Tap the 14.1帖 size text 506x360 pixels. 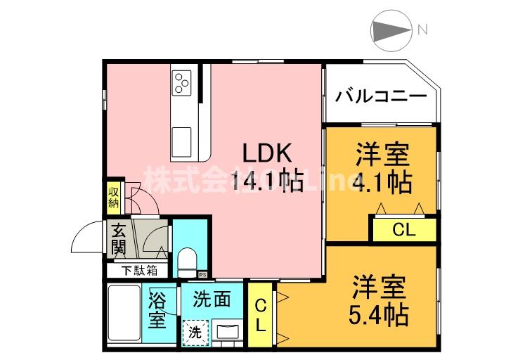266,183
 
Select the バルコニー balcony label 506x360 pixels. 380,96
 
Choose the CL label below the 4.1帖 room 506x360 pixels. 403,230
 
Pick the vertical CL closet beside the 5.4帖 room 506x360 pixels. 259,315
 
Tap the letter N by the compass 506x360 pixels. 422,30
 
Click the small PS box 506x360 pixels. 202,275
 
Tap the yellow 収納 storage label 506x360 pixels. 114,198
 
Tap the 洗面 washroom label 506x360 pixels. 212,299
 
